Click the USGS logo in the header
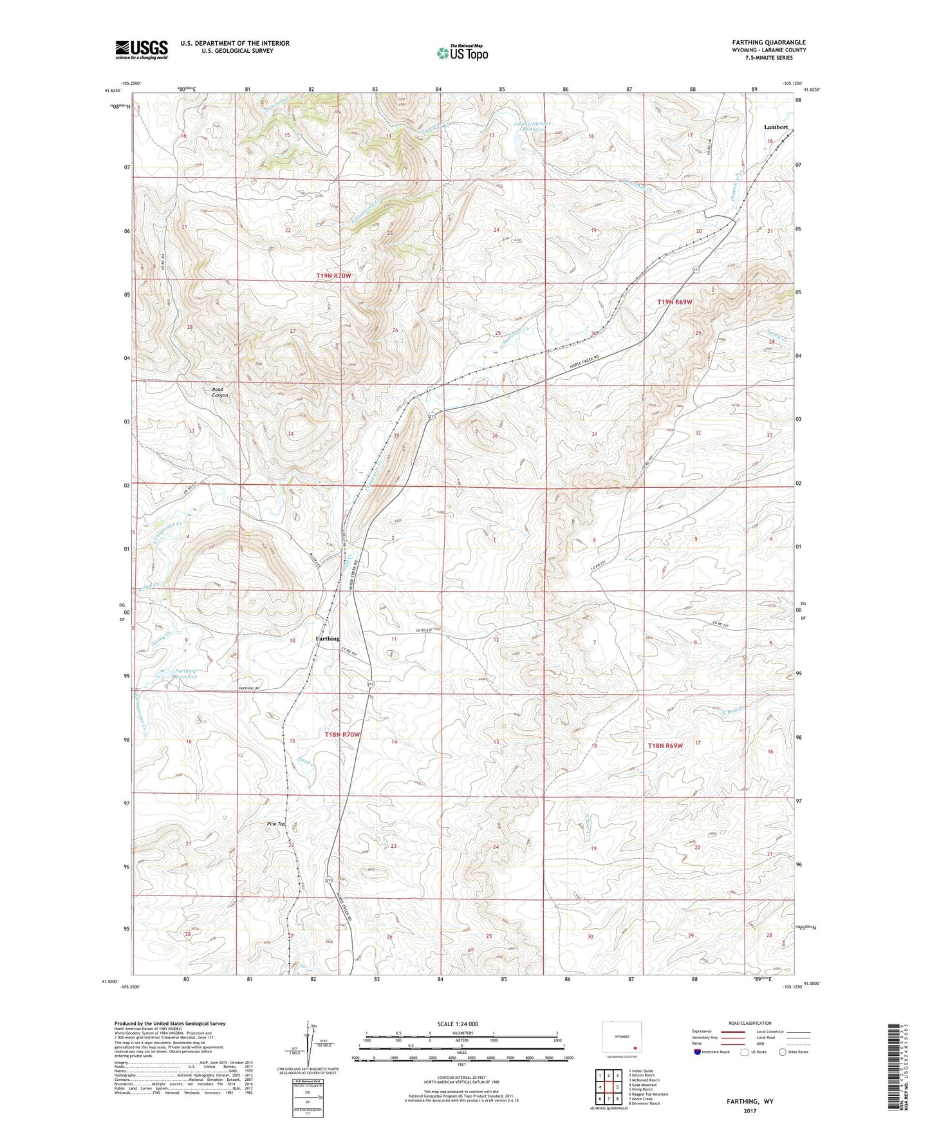tap(142, 50)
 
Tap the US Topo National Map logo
tap(461, 52)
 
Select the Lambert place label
tap(776, 127)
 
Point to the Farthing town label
tap(328, 639)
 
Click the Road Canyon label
tap(220, 392)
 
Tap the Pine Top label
tap(275, 824)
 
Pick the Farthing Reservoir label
tap(185, 675)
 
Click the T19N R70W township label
tap(333, 276)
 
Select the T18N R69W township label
tap(665, 745)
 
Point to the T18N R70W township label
tap(342, 735)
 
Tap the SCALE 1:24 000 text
tap(458, 1024)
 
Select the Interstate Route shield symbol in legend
tap(698, 1052)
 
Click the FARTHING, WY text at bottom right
tap(750, 1101)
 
